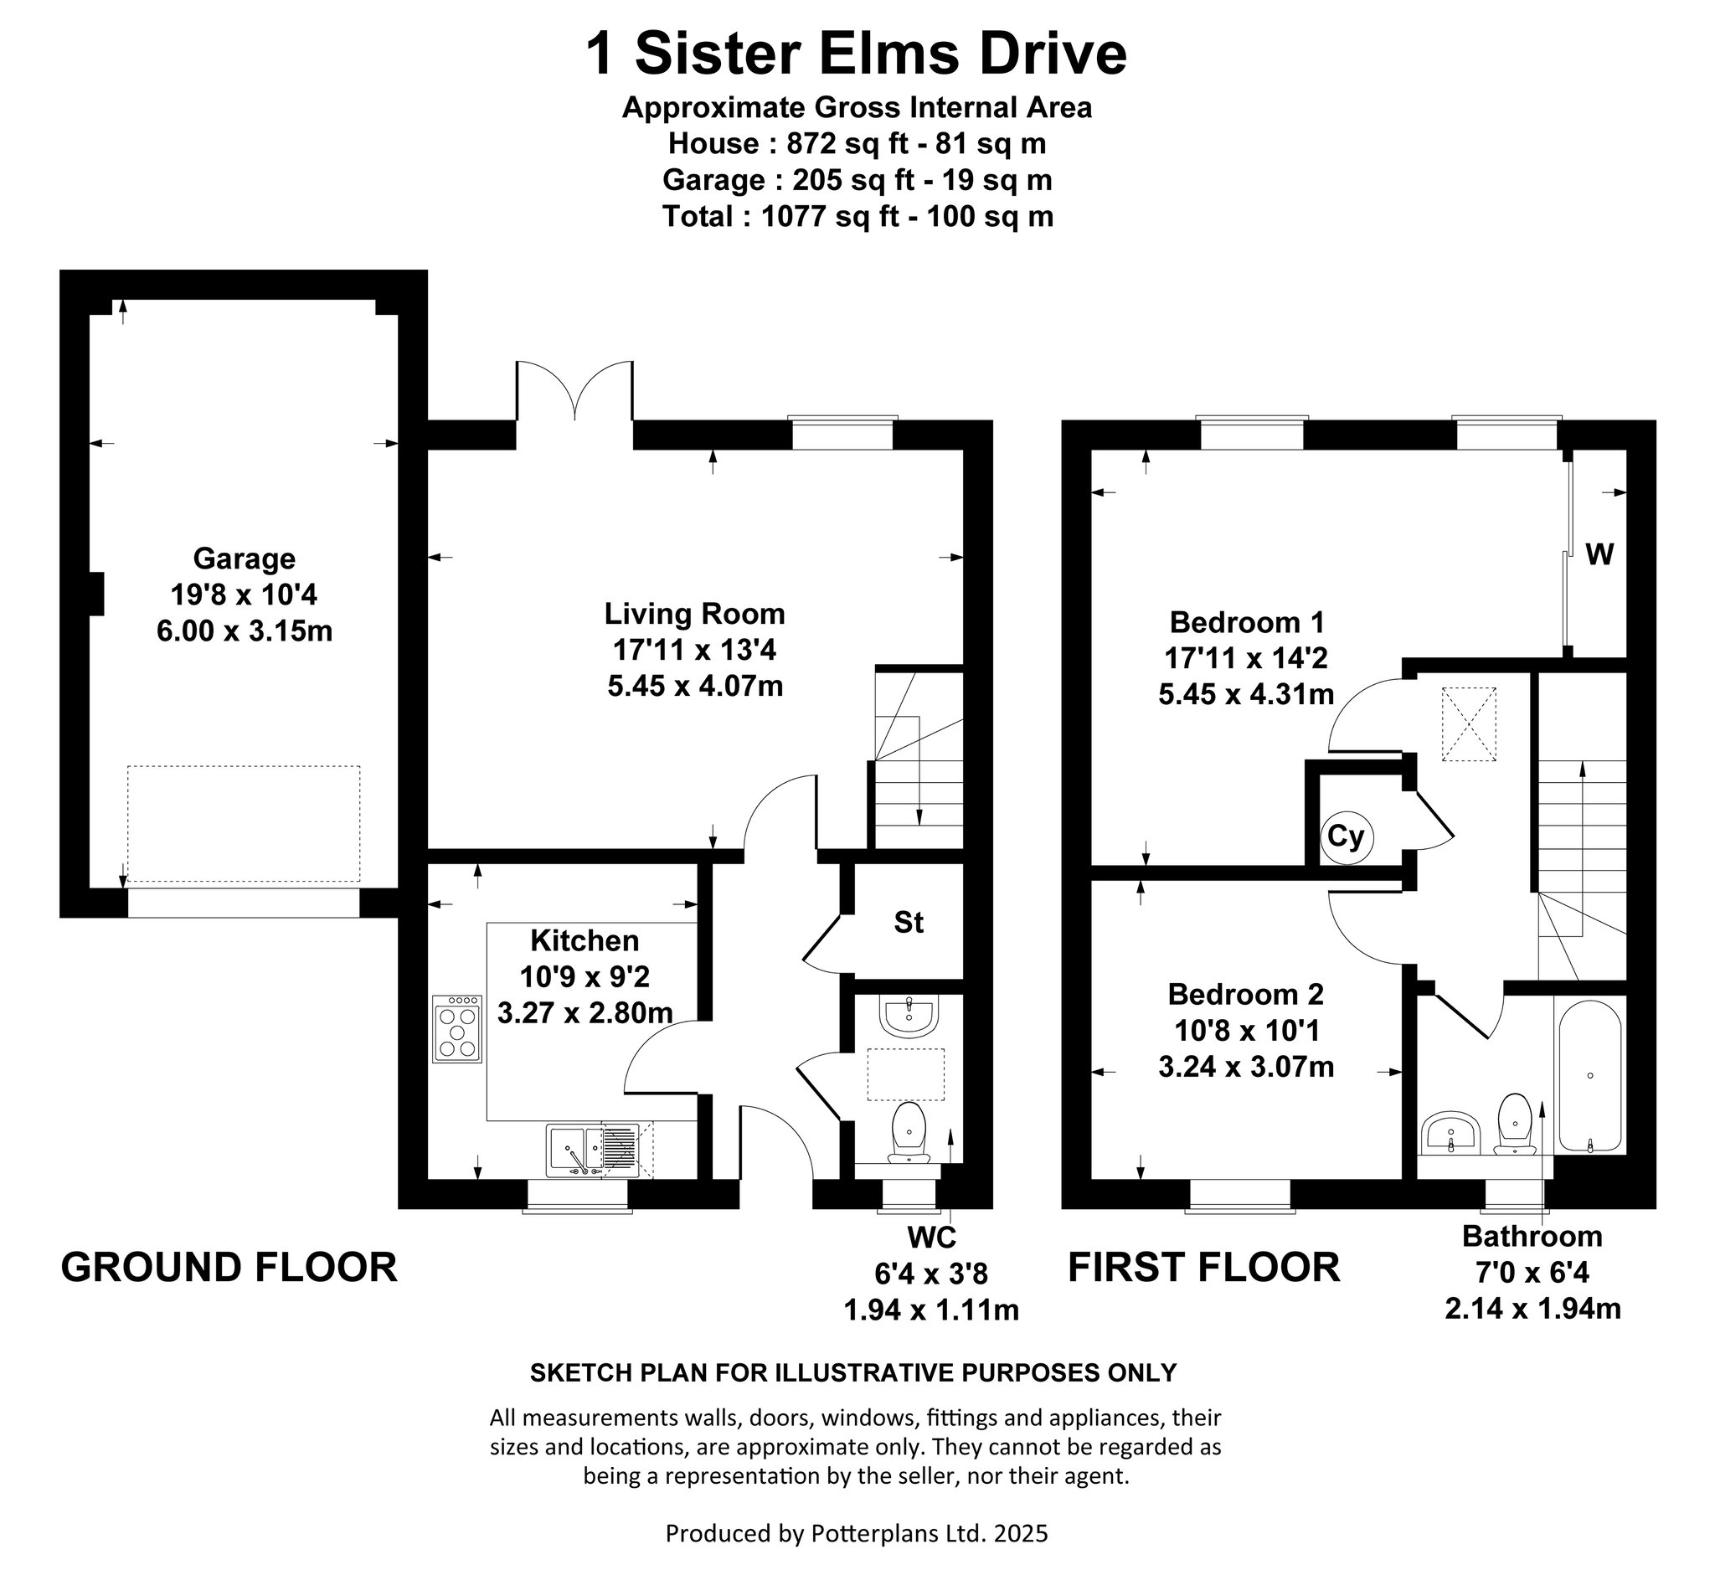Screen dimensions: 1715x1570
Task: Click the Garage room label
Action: pyautogui.click(x=245, y=559)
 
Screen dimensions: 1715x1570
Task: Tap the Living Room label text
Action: pyautogui.click(x=694, y=613)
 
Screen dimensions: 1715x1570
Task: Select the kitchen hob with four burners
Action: pyautogui.click(x=458, y=1029)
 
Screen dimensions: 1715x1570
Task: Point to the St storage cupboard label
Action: pyautogui.click(x=909, y=922)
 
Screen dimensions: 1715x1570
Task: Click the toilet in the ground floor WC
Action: pyautogui.click(x=909, y=1133)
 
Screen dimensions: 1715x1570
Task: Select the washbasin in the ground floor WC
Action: pyautogui.click(x=909, y=1017)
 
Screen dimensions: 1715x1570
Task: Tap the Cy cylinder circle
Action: pyautogui.click(x=1346, y=837)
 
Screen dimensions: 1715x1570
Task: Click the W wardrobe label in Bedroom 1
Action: pyautogui.click(x=1599, y=555)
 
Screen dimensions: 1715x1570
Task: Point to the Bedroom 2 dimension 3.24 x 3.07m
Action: pyautogui.click(x=1245, y=1067)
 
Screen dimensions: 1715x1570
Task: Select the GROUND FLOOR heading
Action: pyautogui.click(x=229, y=1267)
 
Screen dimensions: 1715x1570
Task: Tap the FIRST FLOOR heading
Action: pyautogui.click(x=1203, y=1267)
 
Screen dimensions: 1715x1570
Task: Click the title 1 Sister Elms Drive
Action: pyautogui.click(x=857, y=54)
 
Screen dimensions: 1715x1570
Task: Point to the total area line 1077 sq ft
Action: pyautogui.click(x=857, y=217)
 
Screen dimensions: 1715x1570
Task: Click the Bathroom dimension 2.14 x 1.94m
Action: pyautogui.click(x=1532, y=1308)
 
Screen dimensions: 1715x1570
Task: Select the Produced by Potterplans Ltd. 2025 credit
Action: pyautogui.click(x=857, y=1533)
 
